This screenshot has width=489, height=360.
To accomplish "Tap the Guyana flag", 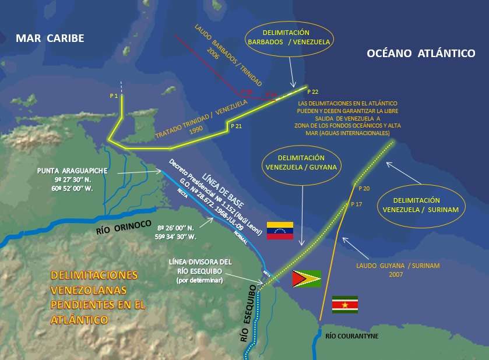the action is (x=307, y=279).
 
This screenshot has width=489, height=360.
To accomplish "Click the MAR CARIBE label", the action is (x=50, y=38).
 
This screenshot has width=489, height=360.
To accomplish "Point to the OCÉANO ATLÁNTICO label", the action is (x=421, y=53).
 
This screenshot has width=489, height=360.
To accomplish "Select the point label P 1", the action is (x=114, y=95).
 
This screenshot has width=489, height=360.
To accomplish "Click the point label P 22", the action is (x=314, y=92).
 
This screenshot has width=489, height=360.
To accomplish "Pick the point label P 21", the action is (x=237, y=126).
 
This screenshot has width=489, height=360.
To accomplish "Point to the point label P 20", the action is (x=364, y=188).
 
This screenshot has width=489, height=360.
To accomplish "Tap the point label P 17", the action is (x=357, y=204).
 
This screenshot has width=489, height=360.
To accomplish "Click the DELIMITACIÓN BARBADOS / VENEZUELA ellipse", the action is (x=290, y=37).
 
